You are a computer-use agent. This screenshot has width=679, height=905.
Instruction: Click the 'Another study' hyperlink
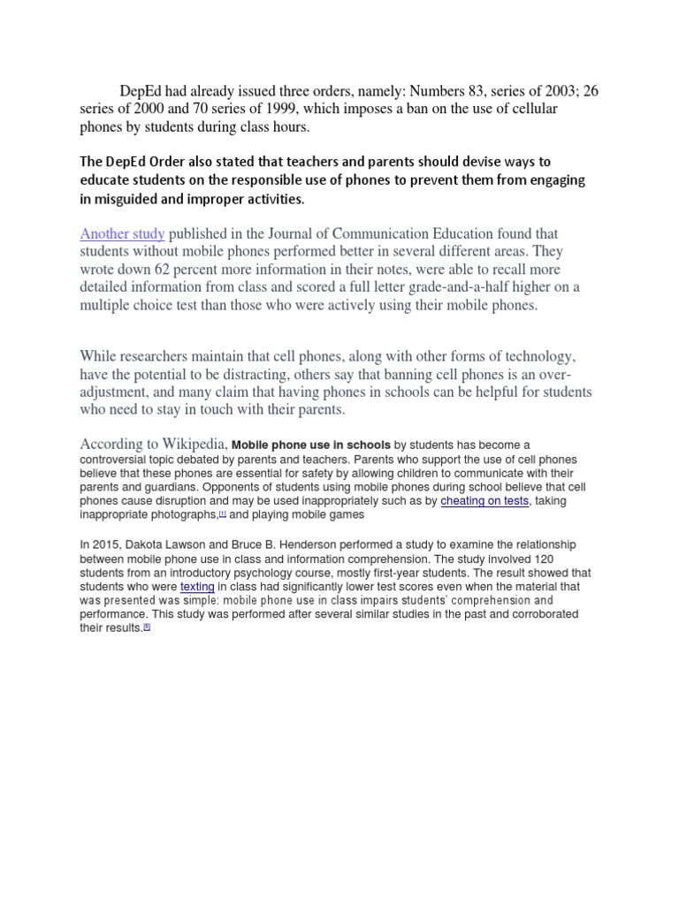(122, 234)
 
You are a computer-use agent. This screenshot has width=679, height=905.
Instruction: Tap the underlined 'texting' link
(197, 586)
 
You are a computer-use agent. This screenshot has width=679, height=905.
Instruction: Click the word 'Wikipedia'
(192, 444)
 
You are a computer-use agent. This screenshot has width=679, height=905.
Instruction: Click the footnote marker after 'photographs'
(223, 513)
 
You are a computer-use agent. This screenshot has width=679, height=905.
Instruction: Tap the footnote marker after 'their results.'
(147, 627)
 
